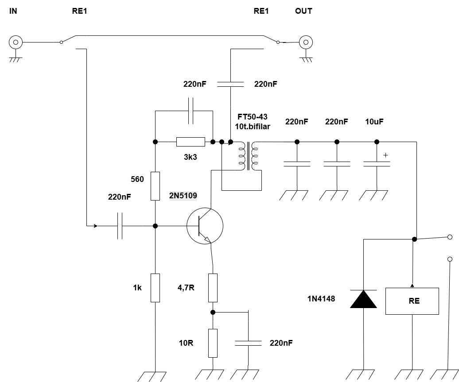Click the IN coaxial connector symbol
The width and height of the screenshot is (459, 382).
pyautogui.click(x=16, y=42)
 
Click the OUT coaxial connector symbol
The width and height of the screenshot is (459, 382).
pyautogui.click(x=306, y=42)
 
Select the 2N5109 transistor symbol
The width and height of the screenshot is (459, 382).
pyautogui.click(x=205, y=226)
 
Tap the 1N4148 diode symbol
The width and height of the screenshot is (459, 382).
pyautogui.click(x=364, y=299)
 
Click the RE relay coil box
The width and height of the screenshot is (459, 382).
pyautogui.click(x=412, y=301)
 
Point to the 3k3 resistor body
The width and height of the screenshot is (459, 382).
pyautogui.click(x=191, y=142)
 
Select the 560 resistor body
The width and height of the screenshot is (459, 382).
pyautogui.click(x=155, y=186)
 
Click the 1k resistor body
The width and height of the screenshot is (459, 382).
pyautogui.click(x=155, y=288)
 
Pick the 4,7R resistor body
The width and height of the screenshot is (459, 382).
pyautogui.click(x=213, y=288)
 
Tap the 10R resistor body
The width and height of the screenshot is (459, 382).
pyautogui.click(x=213, y=343)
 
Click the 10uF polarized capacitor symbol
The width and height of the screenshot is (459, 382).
pyautogui.click(x=377, y=164)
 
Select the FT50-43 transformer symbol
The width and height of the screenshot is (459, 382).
pyautogui.click(x=249, y=156)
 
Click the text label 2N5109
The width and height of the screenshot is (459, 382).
pyautogui.click(x=183, y=195)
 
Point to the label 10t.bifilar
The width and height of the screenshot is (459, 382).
pyautogui.click(x=253, y=127)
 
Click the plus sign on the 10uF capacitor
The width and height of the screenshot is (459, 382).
pyautogui.click(x=385, y=155)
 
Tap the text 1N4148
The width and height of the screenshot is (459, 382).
pyautogui.click(x=321, y=299)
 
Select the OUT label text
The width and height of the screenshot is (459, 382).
pyautogui.click(x=303, y=11)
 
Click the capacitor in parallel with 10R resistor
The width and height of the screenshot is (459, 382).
pyautogui.click(x=248, y=343)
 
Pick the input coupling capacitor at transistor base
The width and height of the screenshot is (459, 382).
pyautogui.click(x=120, y=226)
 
